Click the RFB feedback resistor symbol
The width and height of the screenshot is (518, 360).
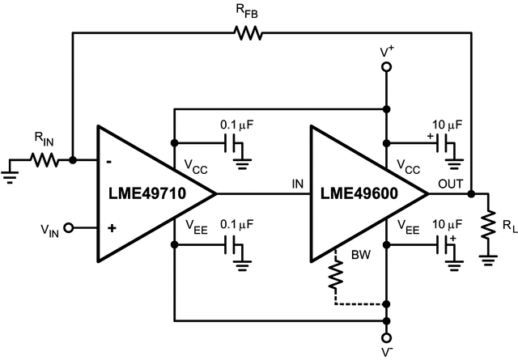248,32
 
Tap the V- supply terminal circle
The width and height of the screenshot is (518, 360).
387,337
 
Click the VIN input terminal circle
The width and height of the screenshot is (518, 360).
70,228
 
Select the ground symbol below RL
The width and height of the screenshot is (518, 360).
488,259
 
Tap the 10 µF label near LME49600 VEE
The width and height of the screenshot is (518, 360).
447,225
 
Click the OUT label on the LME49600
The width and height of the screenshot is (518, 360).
451,184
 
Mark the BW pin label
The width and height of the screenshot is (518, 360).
361,254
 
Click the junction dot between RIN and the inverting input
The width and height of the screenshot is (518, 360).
73,159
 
